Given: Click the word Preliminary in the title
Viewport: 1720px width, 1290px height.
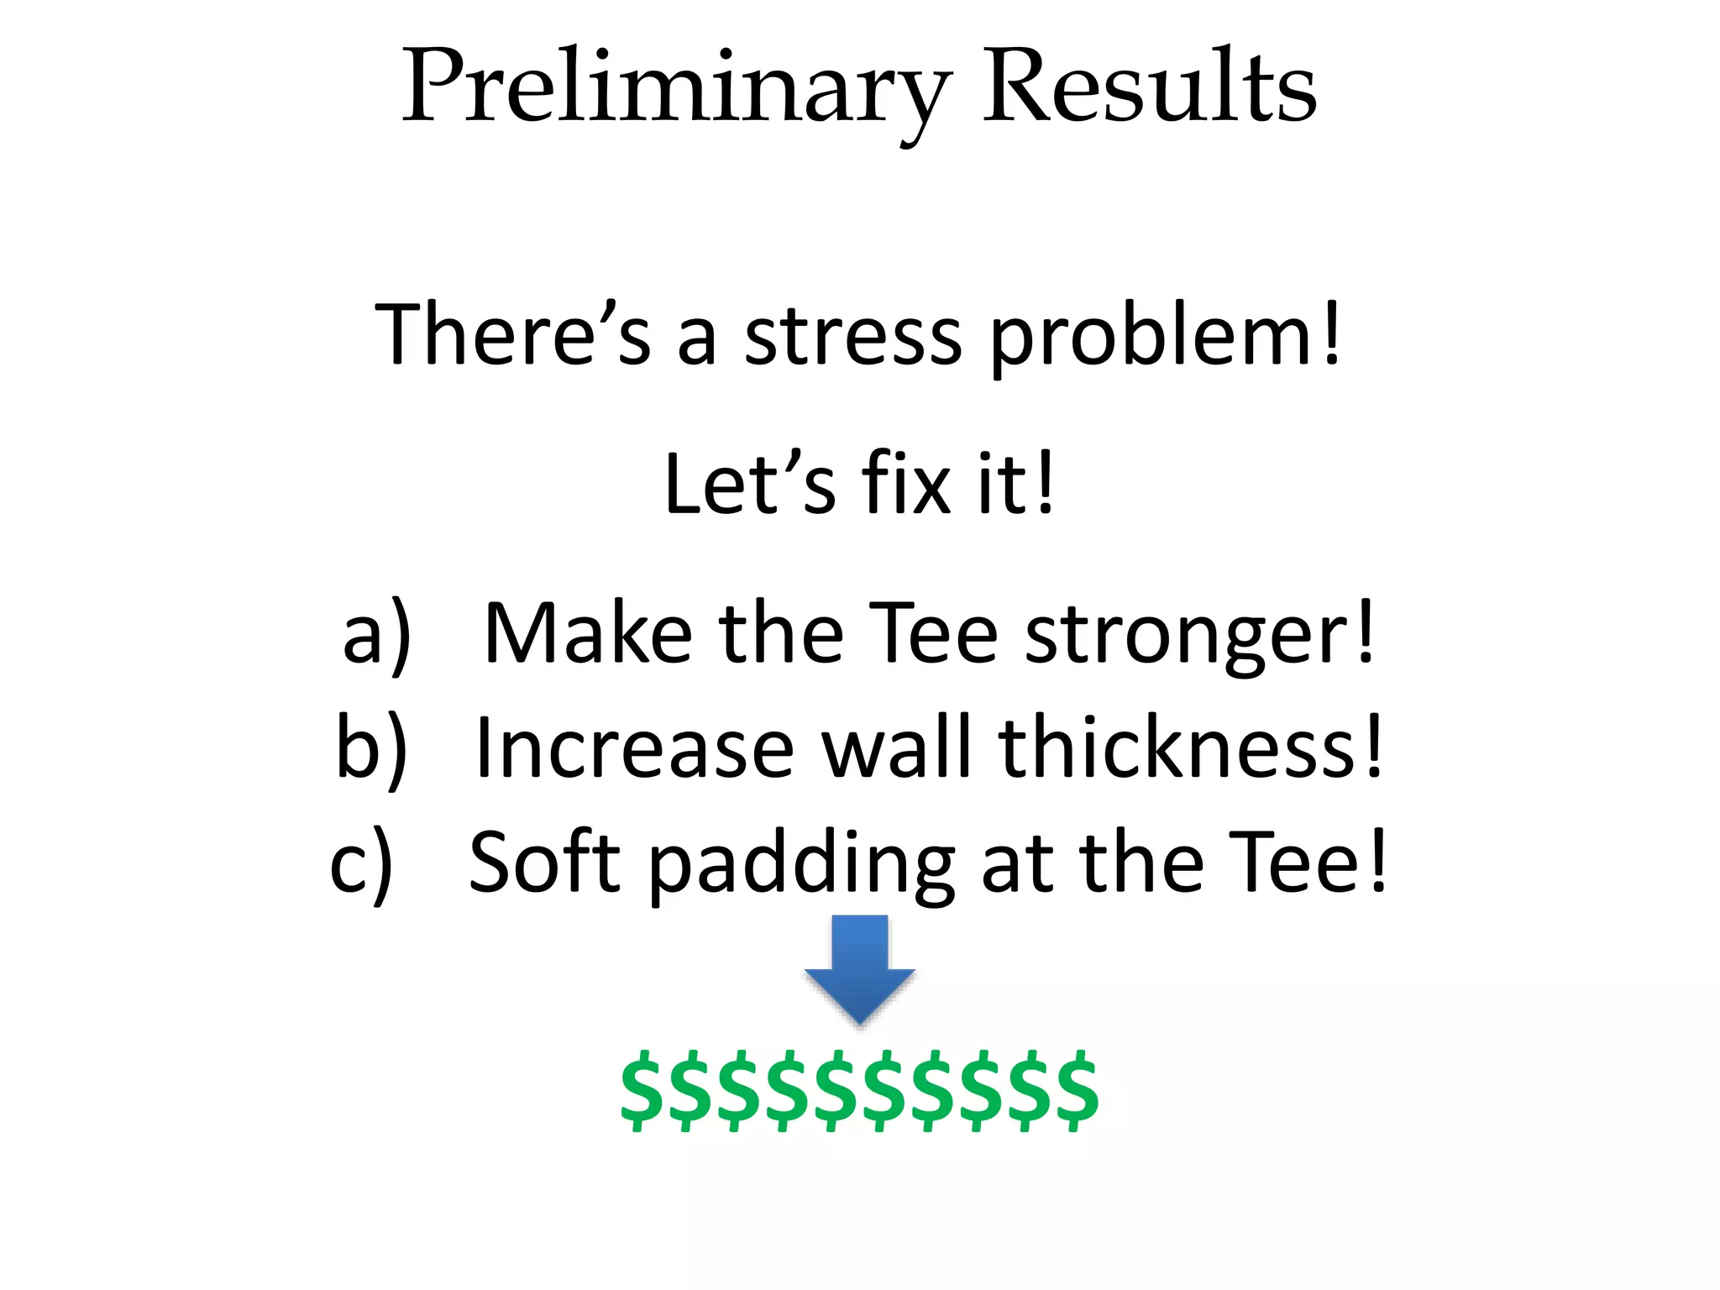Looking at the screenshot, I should pos(676,88).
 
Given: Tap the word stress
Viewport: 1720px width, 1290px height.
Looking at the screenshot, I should pos(852,336).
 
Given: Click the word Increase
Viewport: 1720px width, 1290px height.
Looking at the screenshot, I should pos(634,748).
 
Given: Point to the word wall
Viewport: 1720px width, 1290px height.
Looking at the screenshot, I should pos(898,747).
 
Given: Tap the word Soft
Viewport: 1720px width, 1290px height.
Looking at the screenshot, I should pos(543,863).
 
